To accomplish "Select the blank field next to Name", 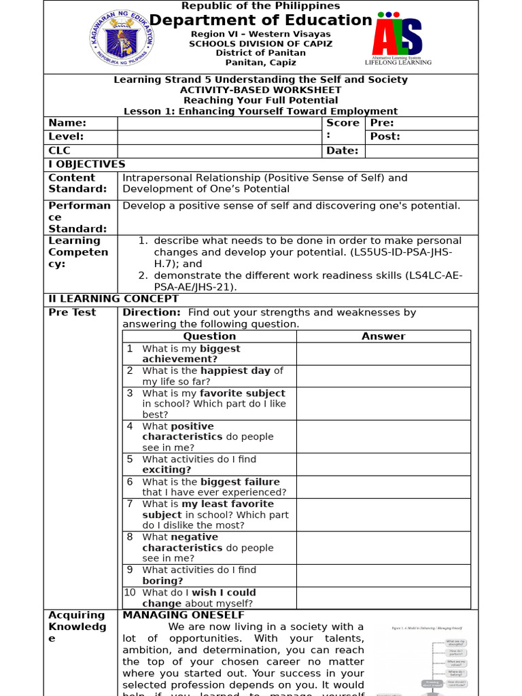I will click(219, 123).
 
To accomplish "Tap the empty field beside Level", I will click(219, 137).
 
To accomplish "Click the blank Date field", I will click(421, 151).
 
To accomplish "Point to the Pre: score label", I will click(382, 123).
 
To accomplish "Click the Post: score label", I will click(385, 137).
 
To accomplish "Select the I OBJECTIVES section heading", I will click(86, 164).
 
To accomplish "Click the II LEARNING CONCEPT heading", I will click(114, 299).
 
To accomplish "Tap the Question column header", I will click(209, 336).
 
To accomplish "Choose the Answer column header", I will click(383, 336).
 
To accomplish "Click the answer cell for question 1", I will click(383, 353).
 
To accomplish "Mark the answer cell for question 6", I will click(383, 487).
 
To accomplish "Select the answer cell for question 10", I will click(383, 597).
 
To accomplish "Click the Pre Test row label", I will click(72, 313).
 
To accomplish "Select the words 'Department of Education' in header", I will click(260, 20).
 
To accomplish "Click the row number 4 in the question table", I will click(130, 426).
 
